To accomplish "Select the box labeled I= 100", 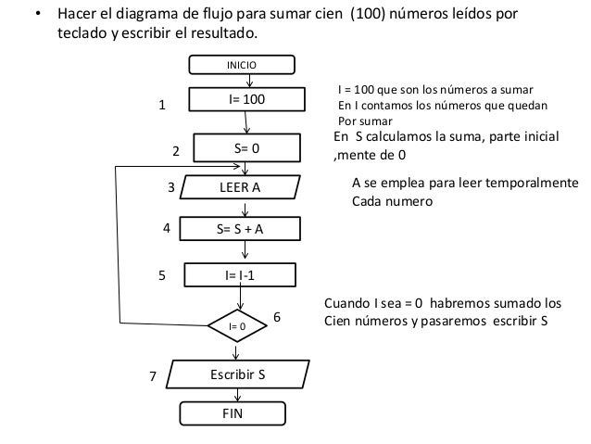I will coord(245,98).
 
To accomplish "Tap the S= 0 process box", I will coord(245,148).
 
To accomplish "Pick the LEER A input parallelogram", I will coord(240,186).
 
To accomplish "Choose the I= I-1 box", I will coord(242,275).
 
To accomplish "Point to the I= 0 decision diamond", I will coord(236,326).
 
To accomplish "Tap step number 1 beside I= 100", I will coord(162,106).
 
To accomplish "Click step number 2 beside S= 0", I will coord(176,149).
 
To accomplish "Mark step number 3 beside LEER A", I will coord(170,186).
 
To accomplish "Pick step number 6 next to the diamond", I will coord(276,317).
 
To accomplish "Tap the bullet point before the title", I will coord(37,17).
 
